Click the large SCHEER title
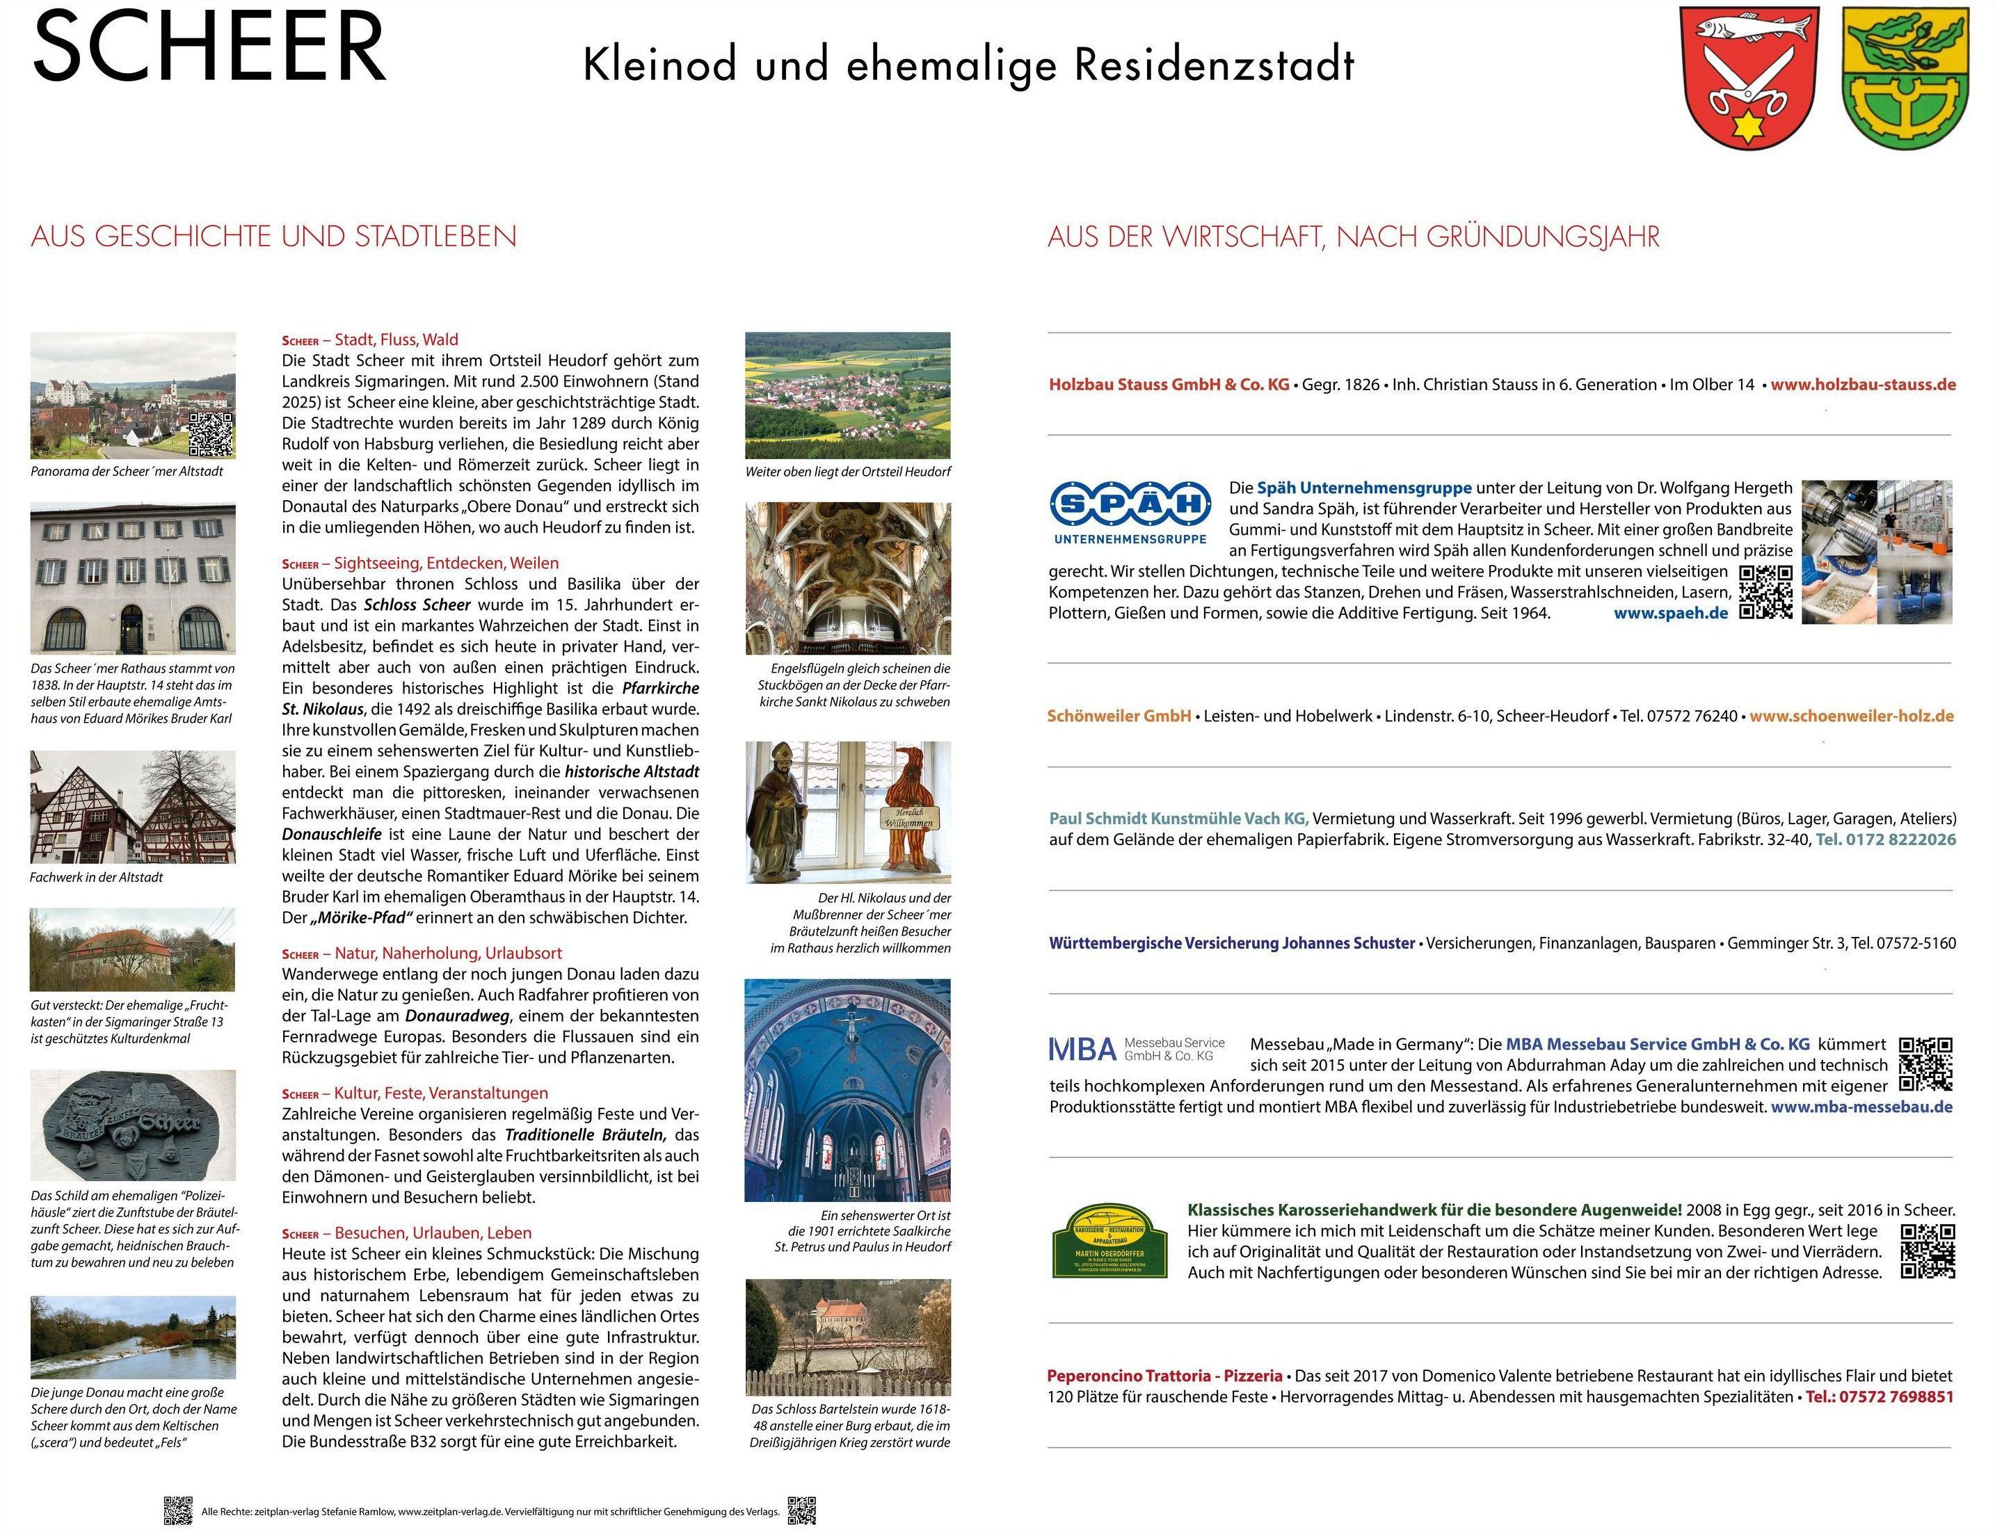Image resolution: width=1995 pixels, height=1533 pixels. click(x=210, y=47)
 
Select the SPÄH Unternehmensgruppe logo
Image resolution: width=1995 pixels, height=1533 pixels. click(x=1130, y=512)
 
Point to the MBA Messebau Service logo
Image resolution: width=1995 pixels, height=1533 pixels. click(x=1136, y=1050)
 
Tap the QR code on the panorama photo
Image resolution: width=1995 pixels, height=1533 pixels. click(x=211, y=434)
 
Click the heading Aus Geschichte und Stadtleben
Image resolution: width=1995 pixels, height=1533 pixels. click(x=274, y=236)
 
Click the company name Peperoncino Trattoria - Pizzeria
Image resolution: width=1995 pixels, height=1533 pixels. click(x=1164, y=1376)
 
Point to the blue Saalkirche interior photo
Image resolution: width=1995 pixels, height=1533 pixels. click(x=847, y=1091)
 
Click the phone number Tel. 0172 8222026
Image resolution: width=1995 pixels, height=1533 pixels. click(x=1886, y=840)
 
